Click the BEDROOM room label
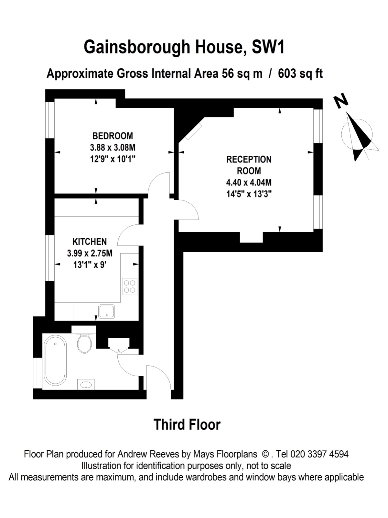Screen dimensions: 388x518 pos(113,136)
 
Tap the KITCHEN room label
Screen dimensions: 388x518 pos(90,242)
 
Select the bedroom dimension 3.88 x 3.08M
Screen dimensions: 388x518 pos(113,148)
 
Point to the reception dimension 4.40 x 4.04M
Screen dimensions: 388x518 pos(249,182)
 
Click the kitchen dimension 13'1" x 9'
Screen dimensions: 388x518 pos(90,265)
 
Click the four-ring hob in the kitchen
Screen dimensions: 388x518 pos(129,287)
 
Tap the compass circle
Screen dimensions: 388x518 pos(357,134)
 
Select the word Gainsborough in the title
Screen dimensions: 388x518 pos(137,47)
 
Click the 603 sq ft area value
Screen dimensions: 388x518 pos(300,73)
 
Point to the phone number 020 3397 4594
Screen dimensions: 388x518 pos(319,454)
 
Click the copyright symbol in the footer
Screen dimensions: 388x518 pos(265,454)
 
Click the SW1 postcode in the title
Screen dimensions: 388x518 pos(268,47)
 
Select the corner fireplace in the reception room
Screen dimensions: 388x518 pos(193,132)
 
